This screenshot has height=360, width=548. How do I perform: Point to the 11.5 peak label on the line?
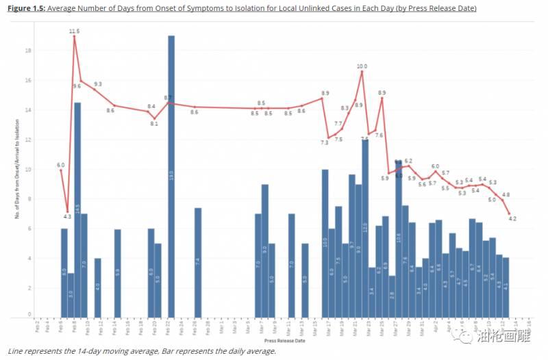[x=75, y=31]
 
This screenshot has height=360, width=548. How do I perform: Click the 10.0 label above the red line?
[x=362, y=66]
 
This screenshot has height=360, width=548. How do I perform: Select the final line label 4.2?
[x=512, y=219]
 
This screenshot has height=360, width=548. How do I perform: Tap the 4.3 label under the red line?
[x=68, y=217]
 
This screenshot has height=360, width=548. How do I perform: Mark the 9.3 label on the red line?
[x=98, y=84]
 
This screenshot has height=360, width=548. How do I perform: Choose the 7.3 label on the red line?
[x=325, y=142]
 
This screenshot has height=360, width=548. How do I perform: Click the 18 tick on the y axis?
[x=29, y=51]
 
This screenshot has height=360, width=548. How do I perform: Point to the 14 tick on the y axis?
[x=29, y=110]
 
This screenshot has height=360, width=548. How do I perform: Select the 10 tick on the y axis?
[x=29, y=169]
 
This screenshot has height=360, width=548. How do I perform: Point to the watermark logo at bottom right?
[x=465, y=335]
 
